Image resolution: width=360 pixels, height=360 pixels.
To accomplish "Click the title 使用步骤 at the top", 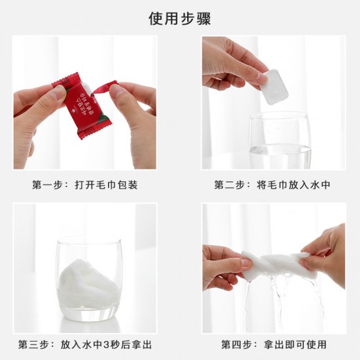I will (x=179, y=18).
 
